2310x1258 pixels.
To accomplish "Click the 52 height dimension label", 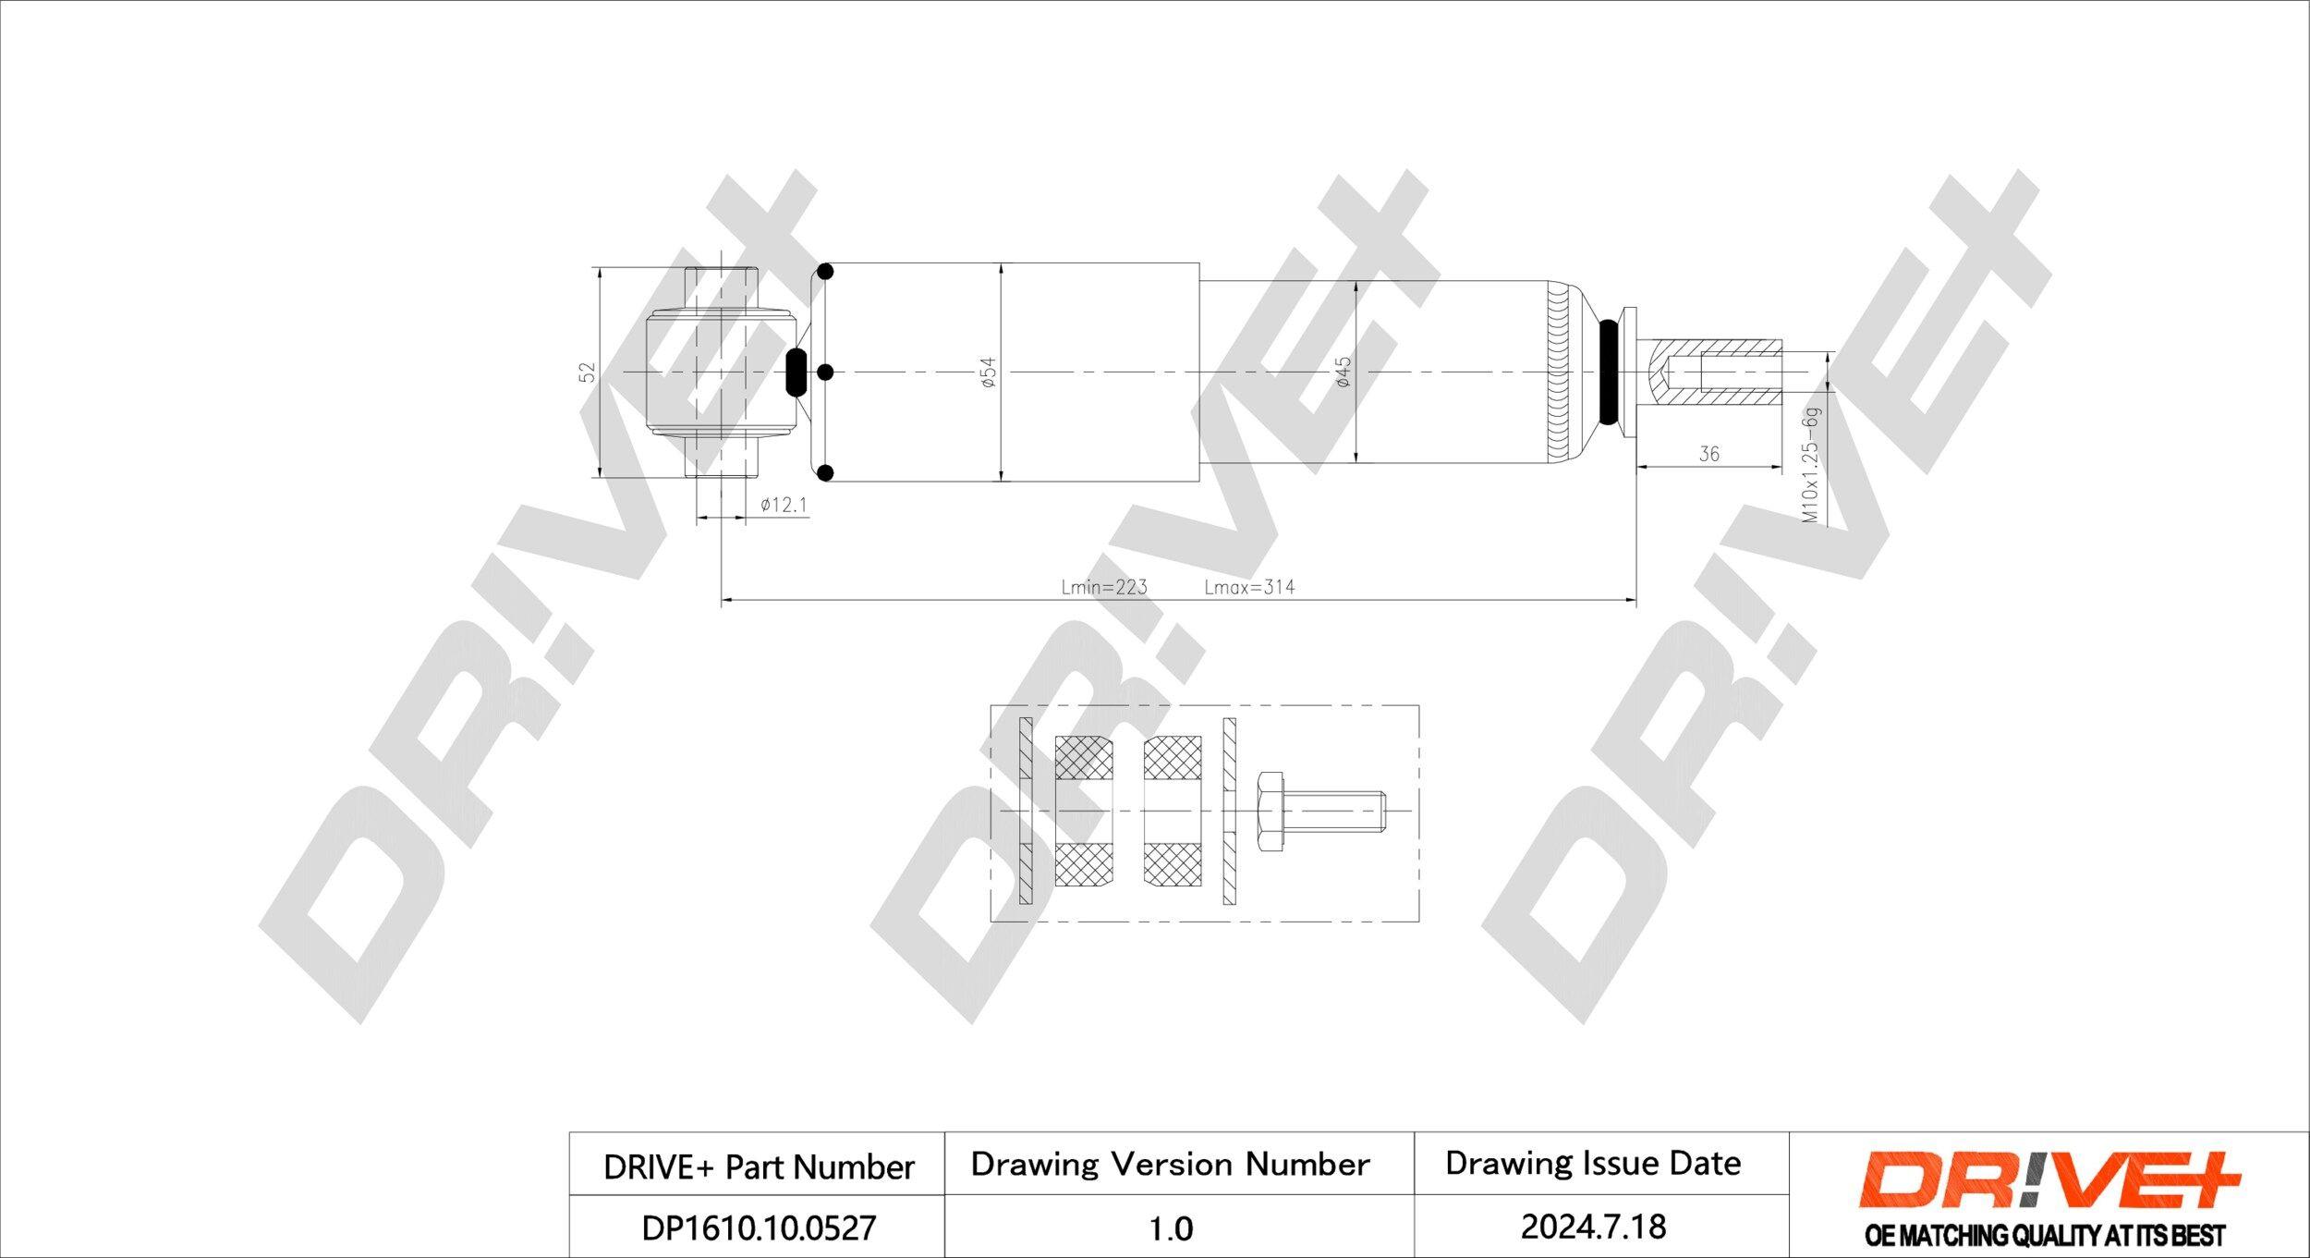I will tap(587, 372).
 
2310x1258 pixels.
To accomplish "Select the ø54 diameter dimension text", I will tap(988, 372).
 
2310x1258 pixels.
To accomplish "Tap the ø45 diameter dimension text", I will tap(1343, 372).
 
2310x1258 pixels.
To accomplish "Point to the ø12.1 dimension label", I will tap(783, 505).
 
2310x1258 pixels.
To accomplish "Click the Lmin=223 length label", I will tap(1103, 587).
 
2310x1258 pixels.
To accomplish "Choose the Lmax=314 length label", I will tap(1249, 587).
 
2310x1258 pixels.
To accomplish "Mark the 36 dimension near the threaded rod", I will tap(1708, 454).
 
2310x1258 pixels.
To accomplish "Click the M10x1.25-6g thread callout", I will tap(1812, 466).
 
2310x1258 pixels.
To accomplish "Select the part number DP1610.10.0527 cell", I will tap(758, 1227).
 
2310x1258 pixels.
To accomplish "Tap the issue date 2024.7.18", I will tap(1593, 1227).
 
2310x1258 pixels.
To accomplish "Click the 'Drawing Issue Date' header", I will tap(1593, 1163).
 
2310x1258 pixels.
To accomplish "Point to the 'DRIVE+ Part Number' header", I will tap(758, 1166).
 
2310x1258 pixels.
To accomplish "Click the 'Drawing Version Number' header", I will tap(1170, 1164).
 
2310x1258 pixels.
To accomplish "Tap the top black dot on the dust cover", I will tap(826, 272).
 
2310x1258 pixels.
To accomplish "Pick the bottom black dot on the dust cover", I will tap(826, 473).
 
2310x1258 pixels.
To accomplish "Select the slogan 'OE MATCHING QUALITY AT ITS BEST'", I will tap(2045, 1235).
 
